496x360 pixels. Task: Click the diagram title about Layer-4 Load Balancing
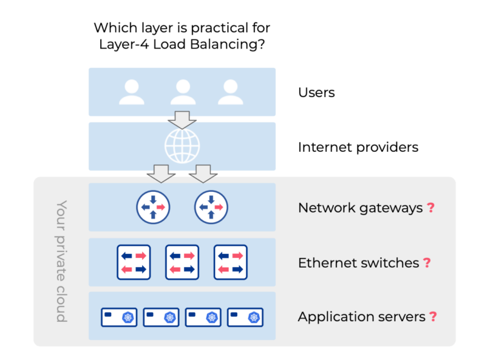[181, 36]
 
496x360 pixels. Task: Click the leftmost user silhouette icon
[132, 92]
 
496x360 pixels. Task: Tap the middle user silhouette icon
[183, 92]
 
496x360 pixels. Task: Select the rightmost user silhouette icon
[230, 92]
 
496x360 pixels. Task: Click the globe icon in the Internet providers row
[182, 147]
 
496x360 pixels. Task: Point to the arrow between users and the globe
[182, 120]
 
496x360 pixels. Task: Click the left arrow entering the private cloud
[161, 174]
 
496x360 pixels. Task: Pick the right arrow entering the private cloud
[203, 174]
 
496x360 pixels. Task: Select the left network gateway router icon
[153, 207]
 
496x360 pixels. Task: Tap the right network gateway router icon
[211, 207]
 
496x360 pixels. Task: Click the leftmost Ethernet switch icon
[134, 262]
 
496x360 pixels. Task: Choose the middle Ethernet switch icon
[182, 262]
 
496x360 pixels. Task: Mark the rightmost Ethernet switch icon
[231, 262]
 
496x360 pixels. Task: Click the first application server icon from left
[119, 317]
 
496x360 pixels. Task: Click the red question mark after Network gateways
[431, 207]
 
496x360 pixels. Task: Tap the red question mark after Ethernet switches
[427, 262]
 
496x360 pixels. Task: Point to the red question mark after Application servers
[433, 317]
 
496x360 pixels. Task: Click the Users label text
[316, 92]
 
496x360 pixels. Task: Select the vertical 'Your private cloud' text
[61, 261]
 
